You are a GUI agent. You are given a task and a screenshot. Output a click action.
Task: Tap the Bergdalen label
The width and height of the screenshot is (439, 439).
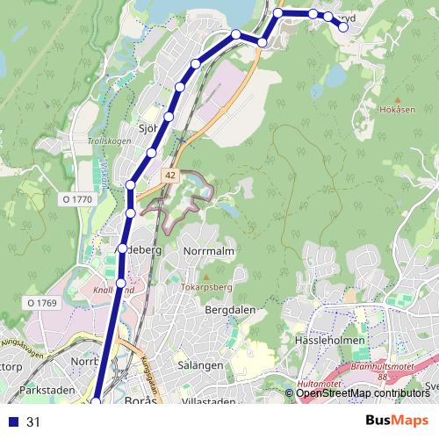point(230,311)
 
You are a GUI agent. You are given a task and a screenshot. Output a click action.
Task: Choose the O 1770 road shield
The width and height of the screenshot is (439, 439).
point(77,200)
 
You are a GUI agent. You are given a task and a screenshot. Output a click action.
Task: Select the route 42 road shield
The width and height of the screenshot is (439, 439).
point(169,176)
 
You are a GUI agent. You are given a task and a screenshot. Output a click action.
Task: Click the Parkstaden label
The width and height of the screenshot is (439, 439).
point(42,389)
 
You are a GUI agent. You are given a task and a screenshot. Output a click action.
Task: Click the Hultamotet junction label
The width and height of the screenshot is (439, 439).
point(320,384)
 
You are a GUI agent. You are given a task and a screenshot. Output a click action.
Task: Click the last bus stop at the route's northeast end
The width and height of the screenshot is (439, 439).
point(343,28)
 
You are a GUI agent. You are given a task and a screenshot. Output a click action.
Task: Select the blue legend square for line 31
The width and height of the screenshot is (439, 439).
point(11,421)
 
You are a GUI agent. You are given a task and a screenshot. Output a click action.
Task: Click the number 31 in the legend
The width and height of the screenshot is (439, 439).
point(34,421)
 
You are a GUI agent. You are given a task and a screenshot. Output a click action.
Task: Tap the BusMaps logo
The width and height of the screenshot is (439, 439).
point(397,421)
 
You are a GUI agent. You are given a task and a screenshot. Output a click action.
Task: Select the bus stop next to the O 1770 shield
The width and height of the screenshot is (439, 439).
point(130,184)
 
